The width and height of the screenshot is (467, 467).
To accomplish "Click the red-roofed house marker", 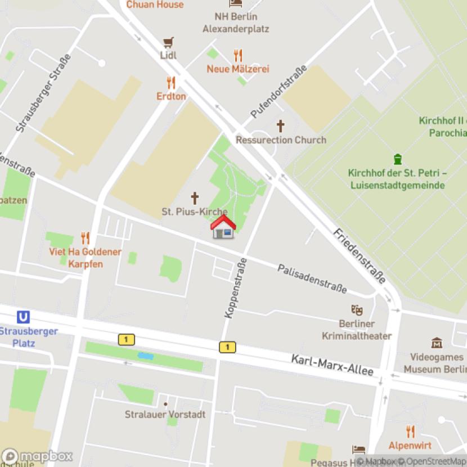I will click(x=223, y=227).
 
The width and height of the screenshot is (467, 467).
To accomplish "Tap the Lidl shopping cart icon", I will click(x=168, y=42).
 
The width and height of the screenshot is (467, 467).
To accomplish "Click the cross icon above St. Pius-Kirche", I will click(x=195, y=198).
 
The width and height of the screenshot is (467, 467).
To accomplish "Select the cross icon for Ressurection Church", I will click(x=280, y=126).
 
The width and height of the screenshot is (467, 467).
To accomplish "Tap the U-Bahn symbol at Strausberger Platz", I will click(x=24, y=317).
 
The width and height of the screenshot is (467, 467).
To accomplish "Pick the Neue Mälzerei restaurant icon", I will click(x=238, y=55).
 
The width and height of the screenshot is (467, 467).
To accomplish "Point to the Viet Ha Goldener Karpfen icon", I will click(x=86, y=238).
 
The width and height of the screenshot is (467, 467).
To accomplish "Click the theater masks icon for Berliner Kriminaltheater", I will click(x=356, y=309).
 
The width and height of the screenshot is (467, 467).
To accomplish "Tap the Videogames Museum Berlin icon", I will click(x=437, y=343).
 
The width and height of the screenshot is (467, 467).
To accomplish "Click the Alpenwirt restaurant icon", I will click(x=410, y=432).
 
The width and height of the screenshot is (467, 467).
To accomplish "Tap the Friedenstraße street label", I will click(x=360, y=256).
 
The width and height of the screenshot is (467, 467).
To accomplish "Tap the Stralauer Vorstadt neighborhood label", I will click(x=165, y=414).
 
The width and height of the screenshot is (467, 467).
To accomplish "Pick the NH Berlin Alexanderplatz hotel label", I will click(x=236, y=23).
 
